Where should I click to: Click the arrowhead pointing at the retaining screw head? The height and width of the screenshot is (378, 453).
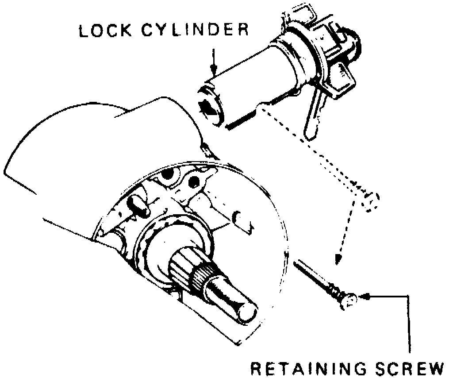(365, 297)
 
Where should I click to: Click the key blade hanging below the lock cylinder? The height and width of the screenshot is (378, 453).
(315, 111)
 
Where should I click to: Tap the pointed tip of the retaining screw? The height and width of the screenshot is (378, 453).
(296, 263)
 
